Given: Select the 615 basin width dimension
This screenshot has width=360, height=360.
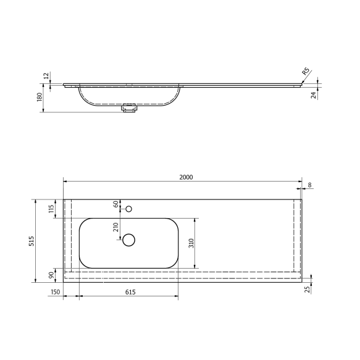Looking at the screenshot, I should (129, 292).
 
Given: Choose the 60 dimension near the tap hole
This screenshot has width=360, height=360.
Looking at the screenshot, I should (115, 204).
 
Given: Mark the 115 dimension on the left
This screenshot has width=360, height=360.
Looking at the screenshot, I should (51, 209).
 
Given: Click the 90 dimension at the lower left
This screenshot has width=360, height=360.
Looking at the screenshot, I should (51, 275).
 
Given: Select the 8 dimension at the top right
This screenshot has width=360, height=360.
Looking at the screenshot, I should (309, 184).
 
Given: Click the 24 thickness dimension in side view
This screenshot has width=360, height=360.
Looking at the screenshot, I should (313, 94).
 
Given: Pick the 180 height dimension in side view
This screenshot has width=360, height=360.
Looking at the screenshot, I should (40, 98).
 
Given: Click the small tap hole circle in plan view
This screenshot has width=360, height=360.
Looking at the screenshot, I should (128, 209).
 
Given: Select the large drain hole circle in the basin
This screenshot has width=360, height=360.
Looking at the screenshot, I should (128, 240).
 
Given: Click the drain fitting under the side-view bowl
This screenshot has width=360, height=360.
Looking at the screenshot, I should (129, 108).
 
